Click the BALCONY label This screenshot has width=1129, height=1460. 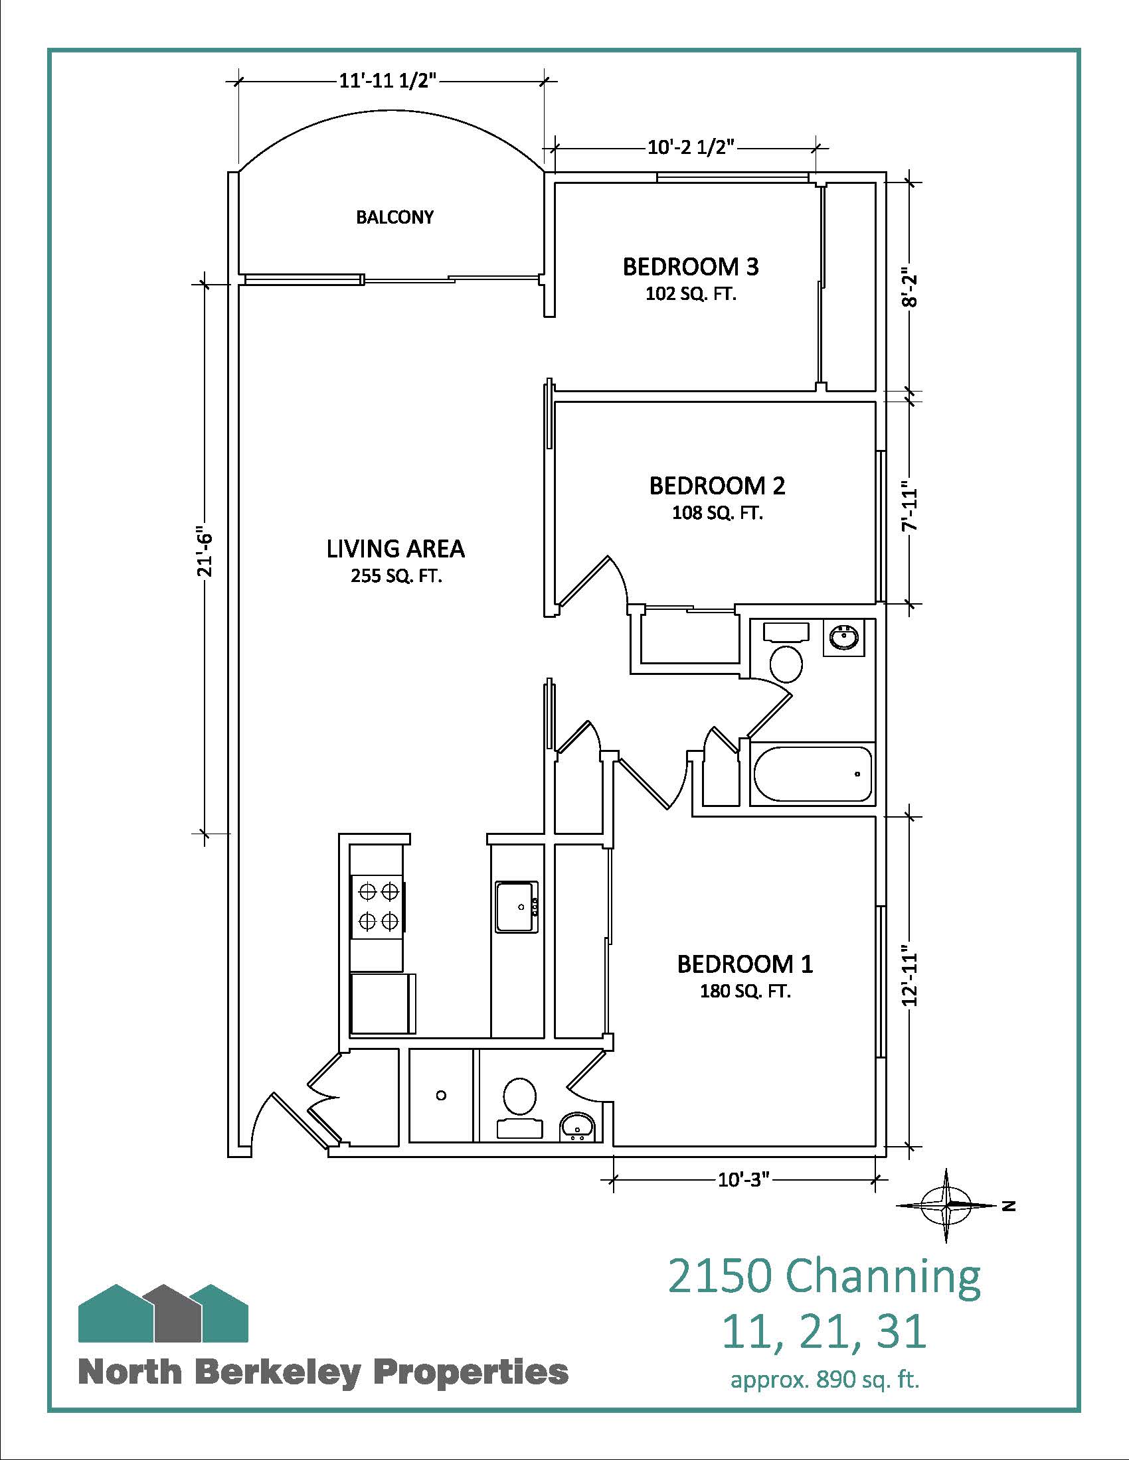point(394,216)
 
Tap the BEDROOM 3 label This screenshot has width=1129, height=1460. point(690,267)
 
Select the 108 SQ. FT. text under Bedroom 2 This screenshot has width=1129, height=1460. point(717,513)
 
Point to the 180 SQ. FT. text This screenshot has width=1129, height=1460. point(745,992)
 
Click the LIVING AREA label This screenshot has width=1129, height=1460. point(395,549)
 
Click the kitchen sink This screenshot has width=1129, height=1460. point(516,906)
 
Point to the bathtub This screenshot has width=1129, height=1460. point(813,773)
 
